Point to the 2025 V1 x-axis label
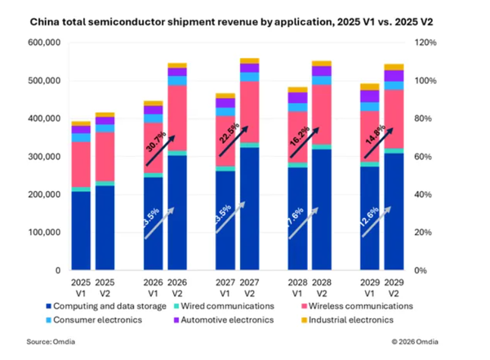80,283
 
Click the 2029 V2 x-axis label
394,283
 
